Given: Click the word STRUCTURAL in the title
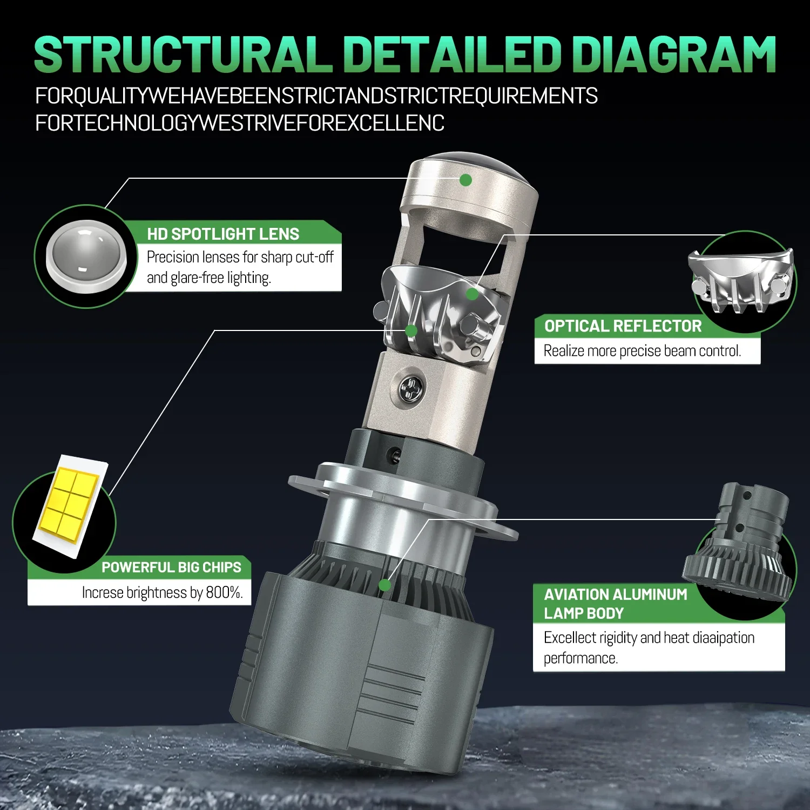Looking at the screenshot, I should pos(183,55).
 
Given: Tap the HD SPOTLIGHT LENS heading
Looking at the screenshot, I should pos(223,234).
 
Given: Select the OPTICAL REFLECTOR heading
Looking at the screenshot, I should pos(623,326).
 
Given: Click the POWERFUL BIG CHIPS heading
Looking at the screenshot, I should pos(171,568).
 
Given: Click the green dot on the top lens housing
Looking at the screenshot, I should pos(465,180).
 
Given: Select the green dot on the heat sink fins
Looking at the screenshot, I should pos(384,585).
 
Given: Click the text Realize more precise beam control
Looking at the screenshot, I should pos(642,351).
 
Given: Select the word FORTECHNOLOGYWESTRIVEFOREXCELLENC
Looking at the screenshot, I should pos(240,123).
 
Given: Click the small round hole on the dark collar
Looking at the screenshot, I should pos(395,455).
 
